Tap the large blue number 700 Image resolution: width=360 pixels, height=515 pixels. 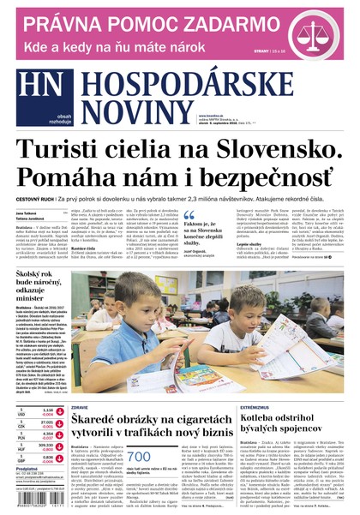click(x=138, y=456)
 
